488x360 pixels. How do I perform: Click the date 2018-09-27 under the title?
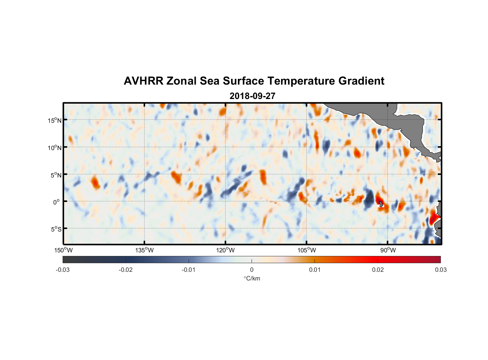tap(252, 96)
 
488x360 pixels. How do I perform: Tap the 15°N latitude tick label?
tap(55, 120)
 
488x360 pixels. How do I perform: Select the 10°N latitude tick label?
tap(55, 148)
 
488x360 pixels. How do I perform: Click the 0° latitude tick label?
tap(57, 202)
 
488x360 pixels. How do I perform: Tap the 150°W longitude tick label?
tap(63, 250)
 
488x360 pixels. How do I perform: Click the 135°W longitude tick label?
tap(144, 250)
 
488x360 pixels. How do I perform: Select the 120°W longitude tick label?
tap(225, 250)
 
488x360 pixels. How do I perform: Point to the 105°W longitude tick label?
tap(307, 250)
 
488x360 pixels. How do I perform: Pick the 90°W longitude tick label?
tap(388, 250)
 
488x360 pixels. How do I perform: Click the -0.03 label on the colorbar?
tap(63, 270)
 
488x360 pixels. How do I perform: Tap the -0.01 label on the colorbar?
tap(189, 270)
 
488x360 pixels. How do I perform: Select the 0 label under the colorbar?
tap(252, 270)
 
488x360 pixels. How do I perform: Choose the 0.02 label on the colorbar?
tap(378, 270)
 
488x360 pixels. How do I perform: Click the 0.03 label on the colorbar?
tap(440, 270)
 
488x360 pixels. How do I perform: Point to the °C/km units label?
tap(252, 278)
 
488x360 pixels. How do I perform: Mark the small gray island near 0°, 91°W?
tap(381, 204)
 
